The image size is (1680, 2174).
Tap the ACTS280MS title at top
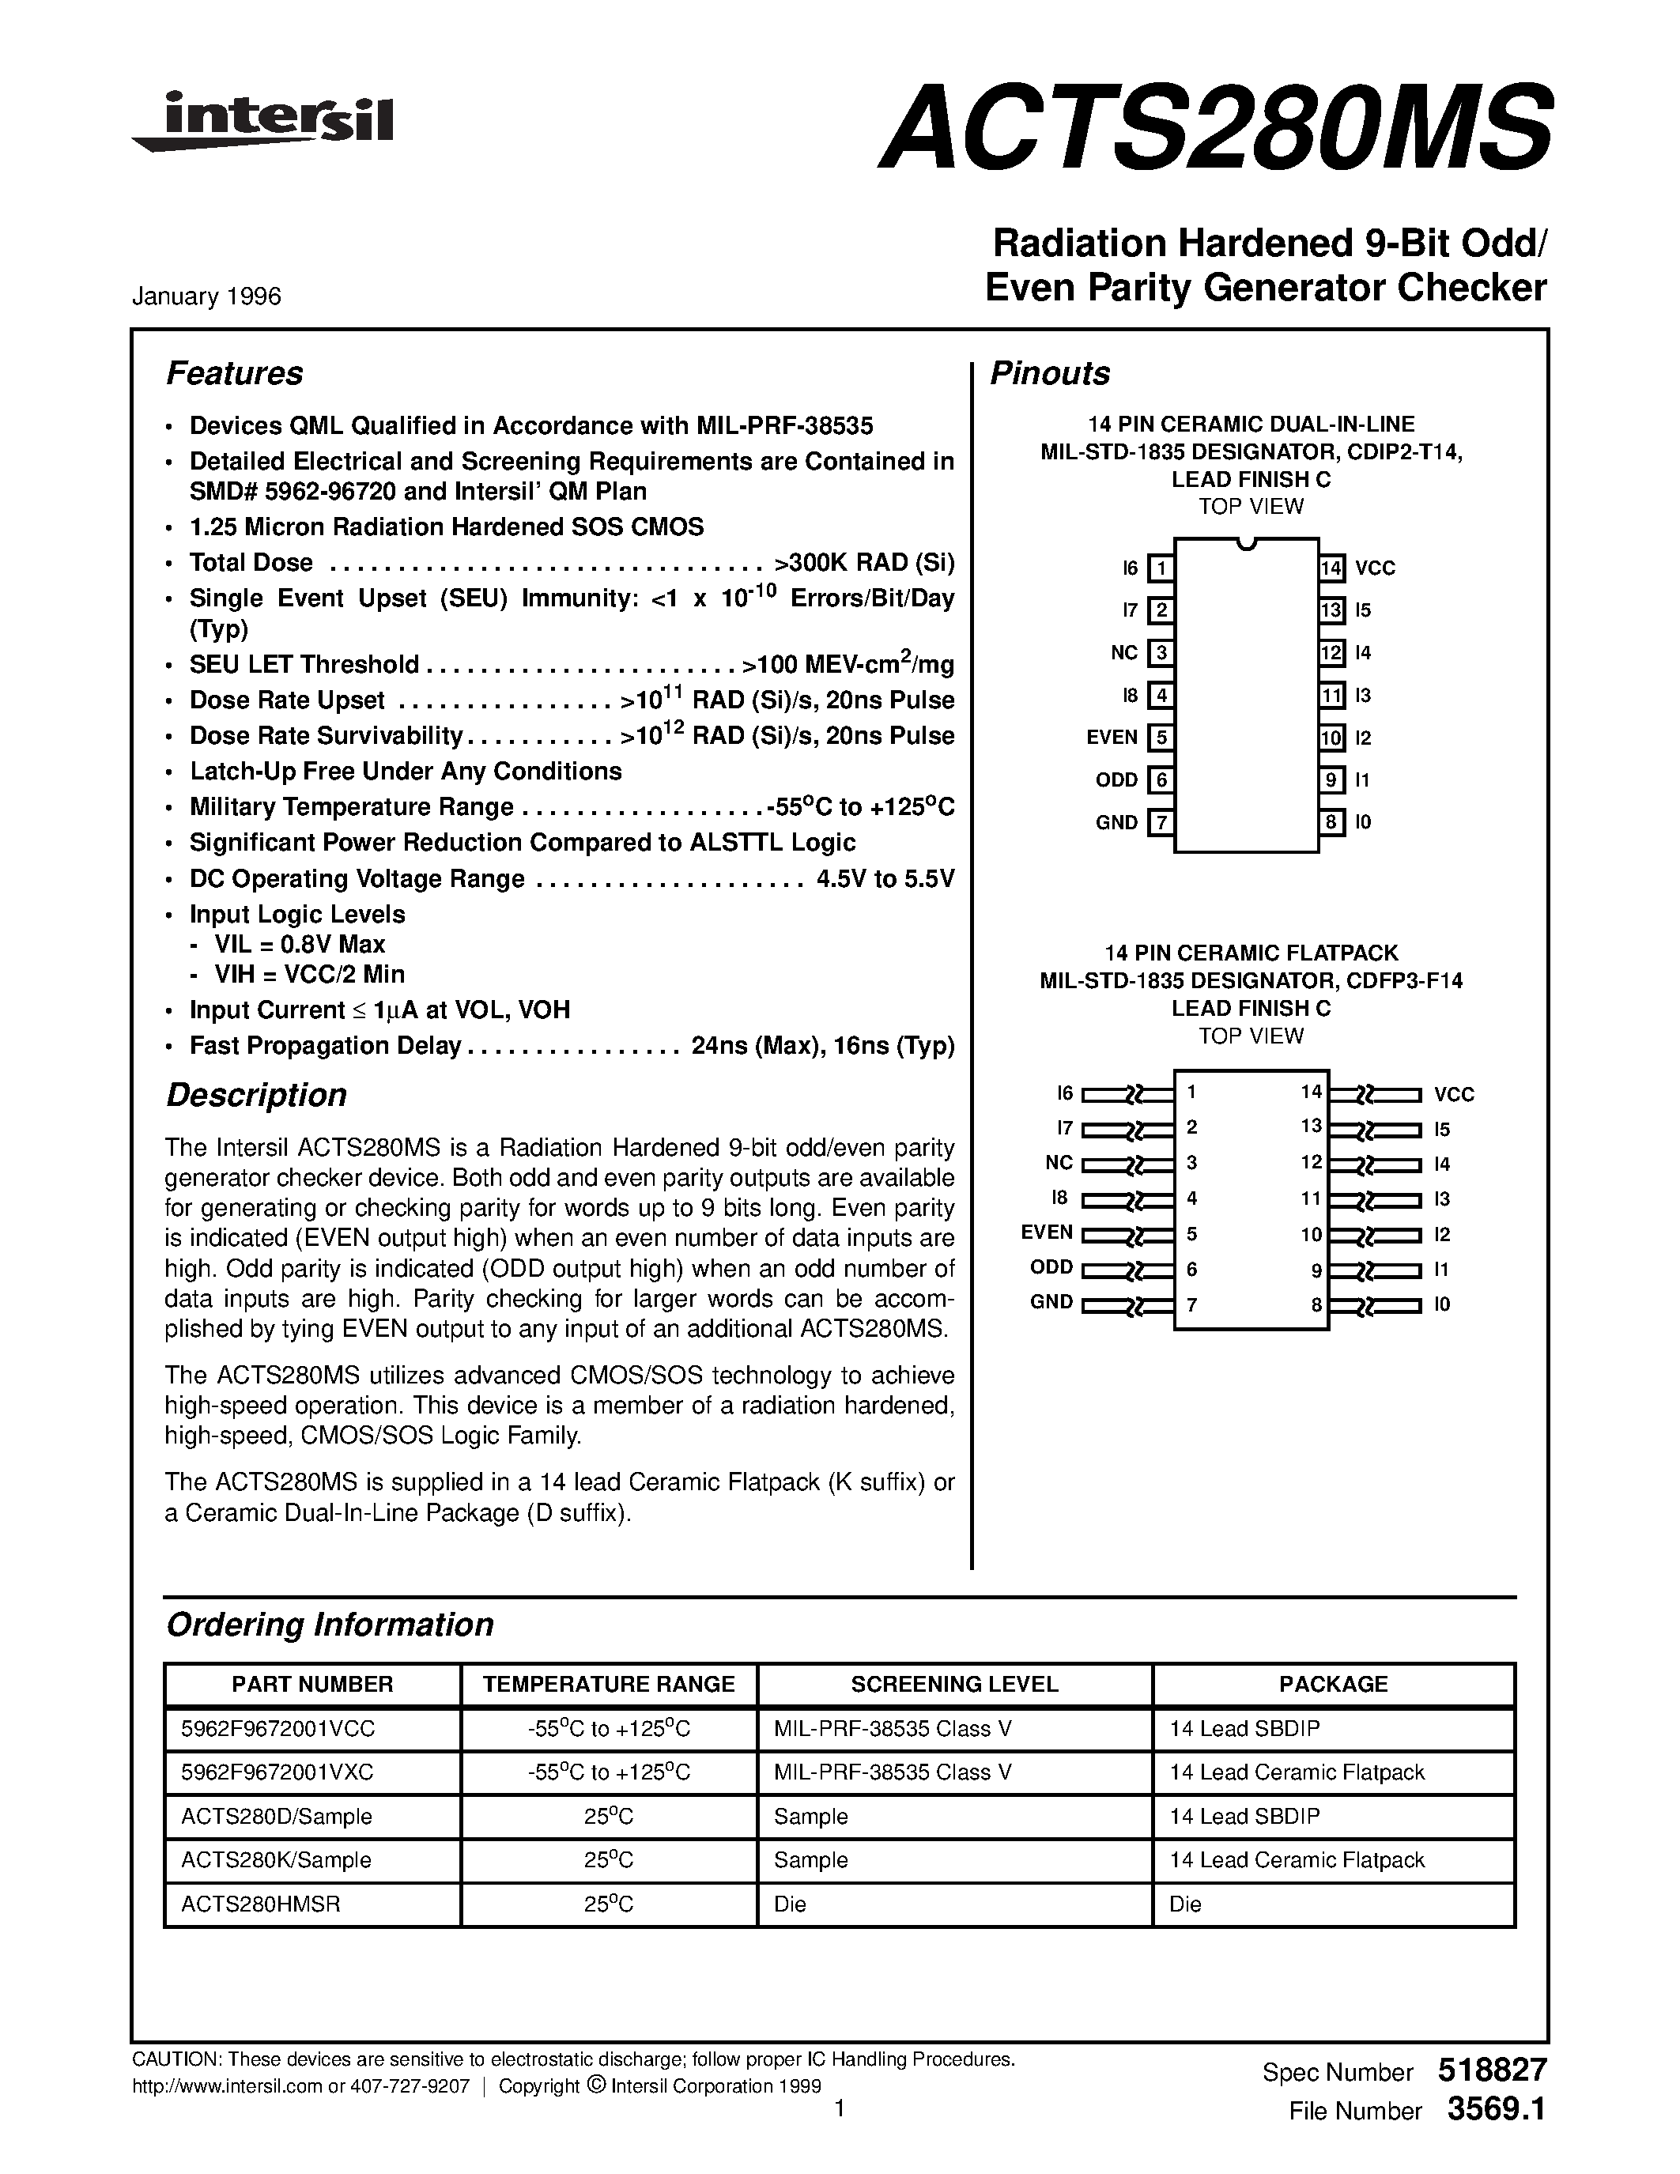click(x=1214, y=126)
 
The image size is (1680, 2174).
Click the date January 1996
click(x=207, y=296)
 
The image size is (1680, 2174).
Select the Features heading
click(x=235, y=373)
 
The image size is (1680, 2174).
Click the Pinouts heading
click(x=1050, y=373)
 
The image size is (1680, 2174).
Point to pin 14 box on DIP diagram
click(x=1331, y=568)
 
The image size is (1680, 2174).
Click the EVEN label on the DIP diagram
click(x=1112, y=738)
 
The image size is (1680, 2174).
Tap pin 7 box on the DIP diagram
click(x=1160, y=823)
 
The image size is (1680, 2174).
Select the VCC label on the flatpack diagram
click(x=1453, y=1095)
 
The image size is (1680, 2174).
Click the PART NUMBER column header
click(x=312, y=1684)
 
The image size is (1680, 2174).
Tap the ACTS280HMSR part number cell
click(x=261, y=1904)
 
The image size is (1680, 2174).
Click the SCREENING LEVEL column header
click(x=954, y=1684)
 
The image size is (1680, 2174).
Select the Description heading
click(x=257, y=1095)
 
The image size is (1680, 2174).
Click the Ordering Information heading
click(x=330, y=1625)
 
